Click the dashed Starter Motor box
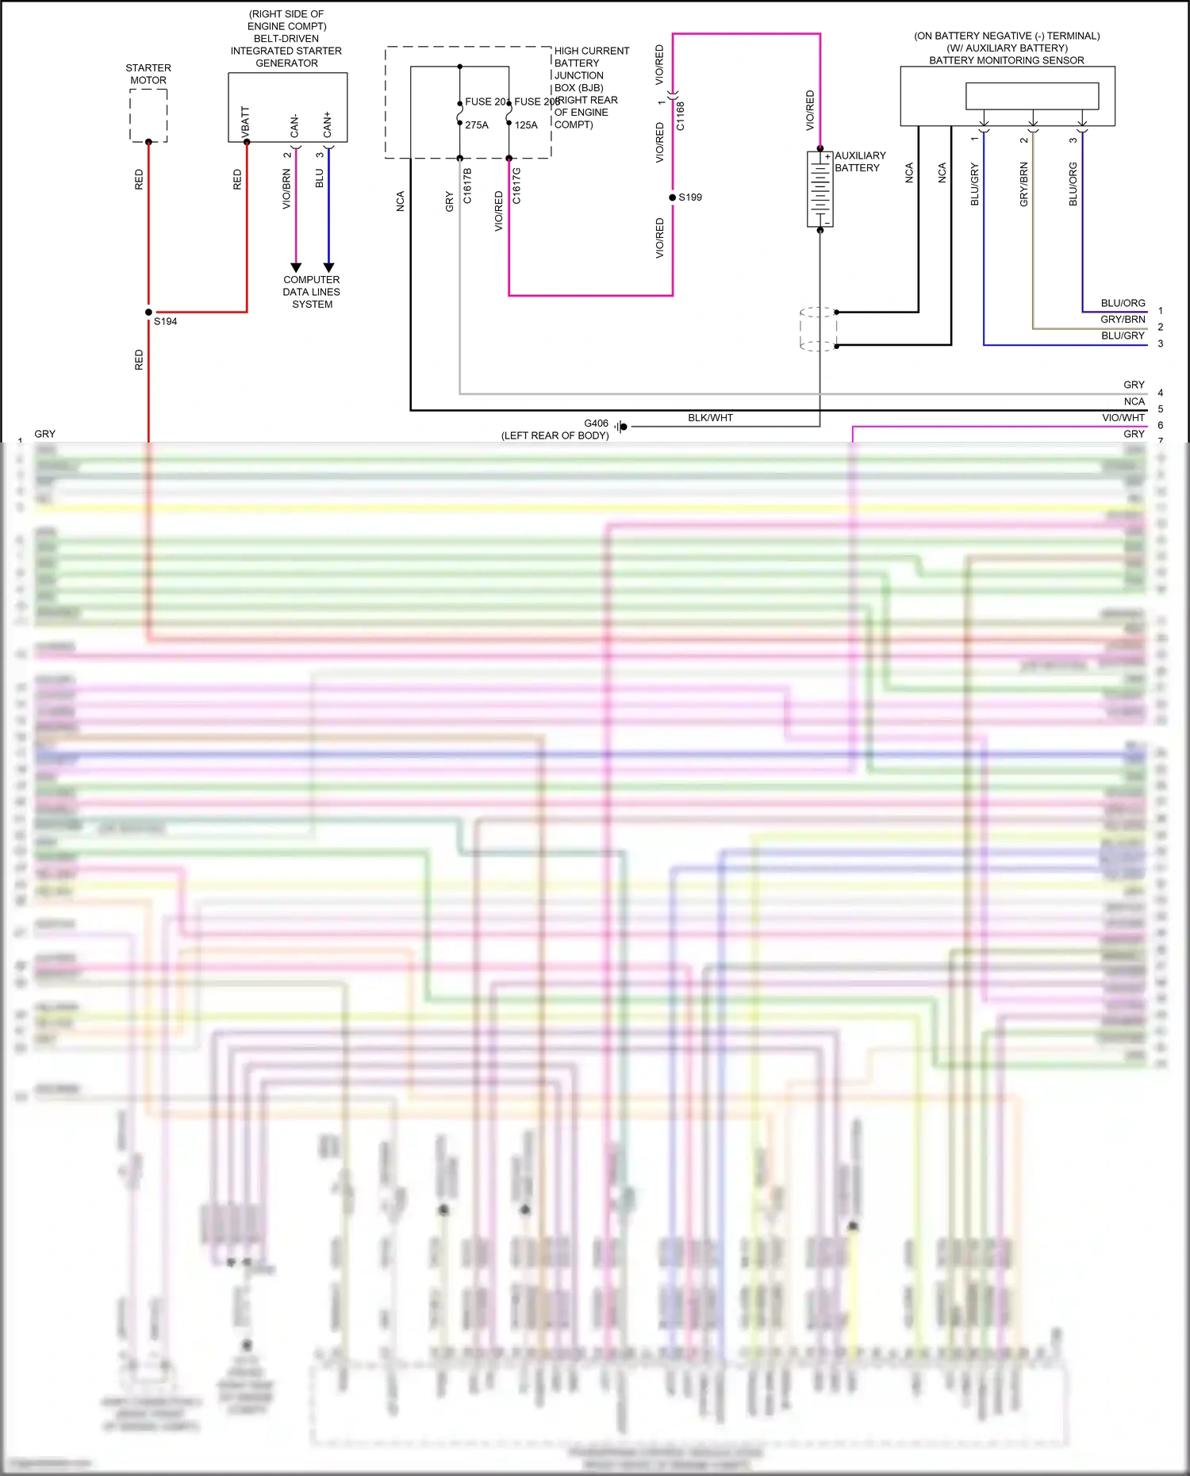[148, 115]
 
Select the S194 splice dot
[148, 312]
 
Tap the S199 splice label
[690, 197]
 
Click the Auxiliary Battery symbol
[820, 189]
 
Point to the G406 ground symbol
[621, 427]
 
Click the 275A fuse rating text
[477, 125]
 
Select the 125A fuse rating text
[526, 125]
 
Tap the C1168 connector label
[681, 116]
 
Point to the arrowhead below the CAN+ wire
[328, 267]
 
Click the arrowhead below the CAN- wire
[296, 267]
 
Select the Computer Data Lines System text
[312, 292]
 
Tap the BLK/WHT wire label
[710, 418]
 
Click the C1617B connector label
[467, 186]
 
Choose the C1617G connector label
[516, 186]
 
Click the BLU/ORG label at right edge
[1123, 303]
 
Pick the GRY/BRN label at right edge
[1123, 320]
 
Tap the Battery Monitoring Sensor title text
[1006, 60]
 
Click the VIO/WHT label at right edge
[1123, 418]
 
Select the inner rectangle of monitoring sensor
[1031, 96]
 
